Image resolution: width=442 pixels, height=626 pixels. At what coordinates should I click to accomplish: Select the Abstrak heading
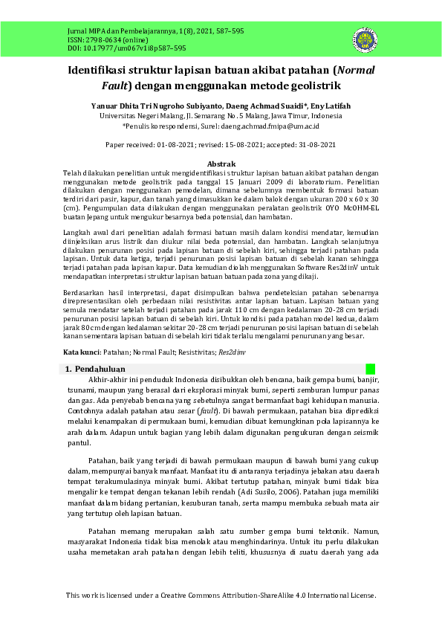[x=221, y=164]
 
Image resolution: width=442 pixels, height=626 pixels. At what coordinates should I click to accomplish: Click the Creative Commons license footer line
[x=221, y=596]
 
